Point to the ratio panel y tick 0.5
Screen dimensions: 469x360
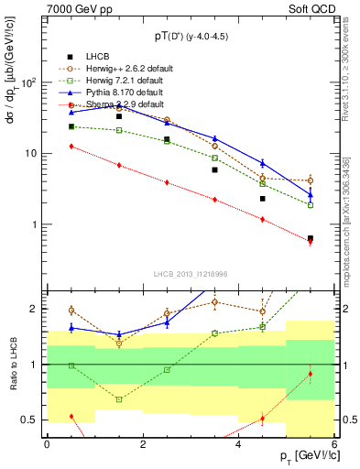33,420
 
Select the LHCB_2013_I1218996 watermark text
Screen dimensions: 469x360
190,274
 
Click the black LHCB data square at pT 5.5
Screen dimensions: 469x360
311,238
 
